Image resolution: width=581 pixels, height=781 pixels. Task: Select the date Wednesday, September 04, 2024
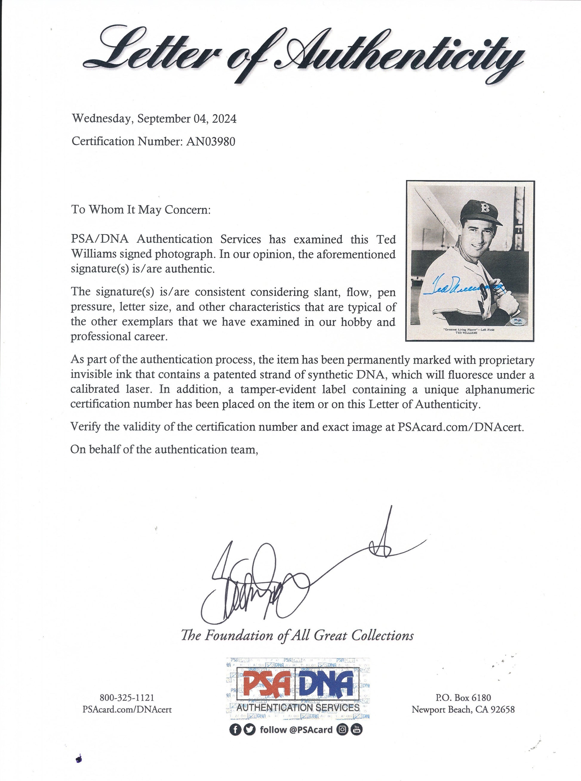pos(154,119)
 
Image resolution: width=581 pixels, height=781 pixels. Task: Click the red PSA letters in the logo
pos(266,683)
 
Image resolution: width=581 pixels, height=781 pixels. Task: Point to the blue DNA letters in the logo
pos(329,683)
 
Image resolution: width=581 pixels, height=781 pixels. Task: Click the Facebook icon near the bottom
pos(235,730)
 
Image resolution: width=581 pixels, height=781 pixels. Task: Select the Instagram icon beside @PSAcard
pos(342,730)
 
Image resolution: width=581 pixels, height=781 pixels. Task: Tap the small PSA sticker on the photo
pos(517,321)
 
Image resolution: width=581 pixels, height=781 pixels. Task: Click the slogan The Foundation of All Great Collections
pos(297,635)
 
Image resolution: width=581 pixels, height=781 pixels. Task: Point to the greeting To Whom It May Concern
pos(141,210)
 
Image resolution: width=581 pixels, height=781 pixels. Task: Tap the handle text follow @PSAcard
pos(296,730)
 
